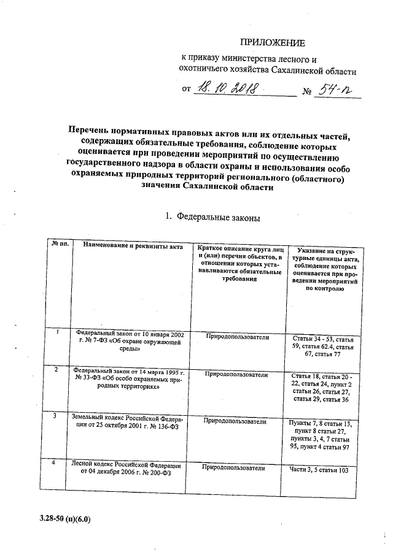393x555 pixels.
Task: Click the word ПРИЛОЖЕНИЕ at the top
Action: coord(271,42)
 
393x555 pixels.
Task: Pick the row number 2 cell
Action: coord(57,370)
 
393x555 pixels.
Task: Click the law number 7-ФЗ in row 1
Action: coord(93,342)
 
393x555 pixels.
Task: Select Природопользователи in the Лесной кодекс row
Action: coord(234,468)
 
